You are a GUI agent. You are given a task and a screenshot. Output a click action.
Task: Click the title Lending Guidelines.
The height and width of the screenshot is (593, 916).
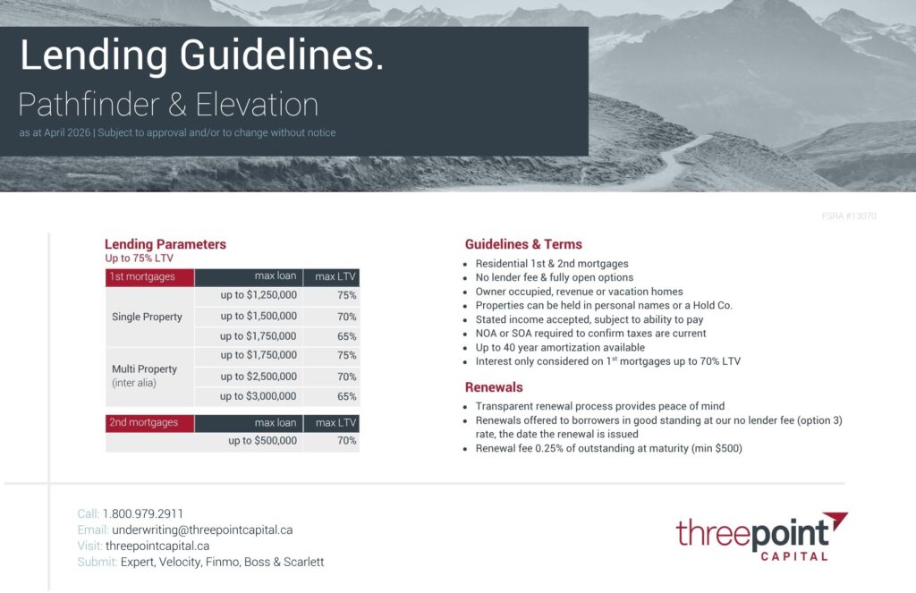(202, 56)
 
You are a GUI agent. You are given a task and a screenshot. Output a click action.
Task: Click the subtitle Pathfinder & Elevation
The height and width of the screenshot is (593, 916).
(168, 105)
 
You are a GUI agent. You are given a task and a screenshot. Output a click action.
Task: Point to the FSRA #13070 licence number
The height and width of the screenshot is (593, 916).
(848, 216)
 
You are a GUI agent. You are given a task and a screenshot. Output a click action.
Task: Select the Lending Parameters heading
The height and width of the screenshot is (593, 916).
(165, 244)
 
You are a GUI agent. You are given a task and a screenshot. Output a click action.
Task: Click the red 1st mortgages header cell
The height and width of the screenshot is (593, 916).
(149, 277)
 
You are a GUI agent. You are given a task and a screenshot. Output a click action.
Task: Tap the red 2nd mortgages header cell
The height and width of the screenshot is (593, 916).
(149, 422)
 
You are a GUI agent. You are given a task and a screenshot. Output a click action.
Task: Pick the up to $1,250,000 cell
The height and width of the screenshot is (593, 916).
(259, 295)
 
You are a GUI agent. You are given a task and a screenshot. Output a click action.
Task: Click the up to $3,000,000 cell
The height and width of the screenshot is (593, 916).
(259, 396)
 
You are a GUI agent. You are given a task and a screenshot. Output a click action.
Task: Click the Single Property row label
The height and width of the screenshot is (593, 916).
(147, 317)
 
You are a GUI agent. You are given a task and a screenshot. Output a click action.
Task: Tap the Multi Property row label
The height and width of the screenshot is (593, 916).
(144, 369)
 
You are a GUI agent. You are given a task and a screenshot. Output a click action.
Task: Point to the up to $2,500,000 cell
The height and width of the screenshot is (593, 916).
(259, 377)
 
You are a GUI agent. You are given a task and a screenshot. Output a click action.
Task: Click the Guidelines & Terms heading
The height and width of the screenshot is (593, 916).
(523, 244)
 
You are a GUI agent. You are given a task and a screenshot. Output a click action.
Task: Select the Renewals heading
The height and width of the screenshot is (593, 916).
(494, 387)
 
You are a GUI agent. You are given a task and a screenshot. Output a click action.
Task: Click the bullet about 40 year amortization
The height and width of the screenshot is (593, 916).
(560, 347)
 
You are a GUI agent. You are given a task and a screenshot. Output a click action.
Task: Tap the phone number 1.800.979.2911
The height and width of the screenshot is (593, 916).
(143, 513)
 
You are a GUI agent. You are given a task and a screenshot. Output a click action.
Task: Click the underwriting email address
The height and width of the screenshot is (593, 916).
(202, 529)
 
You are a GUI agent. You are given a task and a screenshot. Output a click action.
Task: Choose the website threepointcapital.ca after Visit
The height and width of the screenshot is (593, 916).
(157, 546)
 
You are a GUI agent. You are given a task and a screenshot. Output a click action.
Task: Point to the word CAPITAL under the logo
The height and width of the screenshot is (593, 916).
(793, 555)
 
